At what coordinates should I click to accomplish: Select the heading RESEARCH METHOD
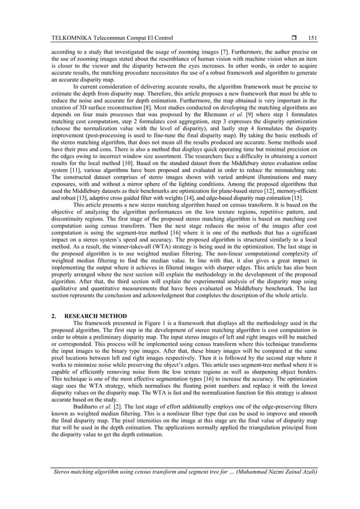tap(95, 315)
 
